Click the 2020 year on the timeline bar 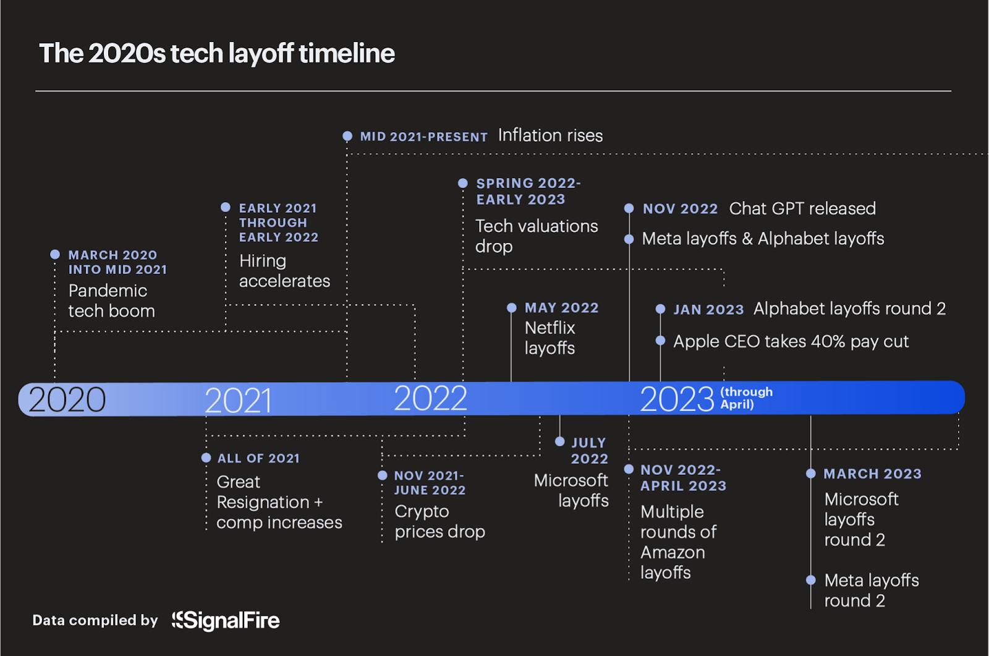[x=67, y=399]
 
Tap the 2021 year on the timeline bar [x=238, y=401]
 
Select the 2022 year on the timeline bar [x=430, y=398]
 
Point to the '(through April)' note [x=746, y=398]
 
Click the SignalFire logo [x=226, y=620]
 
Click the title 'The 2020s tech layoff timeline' [x=217, y=53]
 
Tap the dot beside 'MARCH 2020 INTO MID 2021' [x=55, y=254]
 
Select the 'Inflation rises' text [x=550, y=135]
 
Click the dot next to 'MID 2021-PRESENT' [x=347, y=136]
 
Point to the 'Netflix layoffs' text [x=550, y=338]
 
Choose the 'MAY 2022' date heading [x=561, y=308]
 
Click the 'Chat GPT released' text [x=802, y=208]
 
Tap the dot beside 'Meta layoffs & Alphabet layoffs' [x=629, y=239]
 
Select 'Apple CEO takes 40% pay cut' [x=791, y=341]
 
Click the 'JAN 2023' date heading [x=708, y=309]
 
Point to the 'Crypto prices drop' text [x=439, y=521]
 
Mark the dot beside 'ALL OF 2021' [x=206, y=458]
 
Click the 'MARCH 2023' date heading [x=872, y=474]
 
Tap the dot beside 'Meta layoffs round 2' [x=811, y=580]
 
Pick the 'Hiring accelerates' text [x=284, y=271]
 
